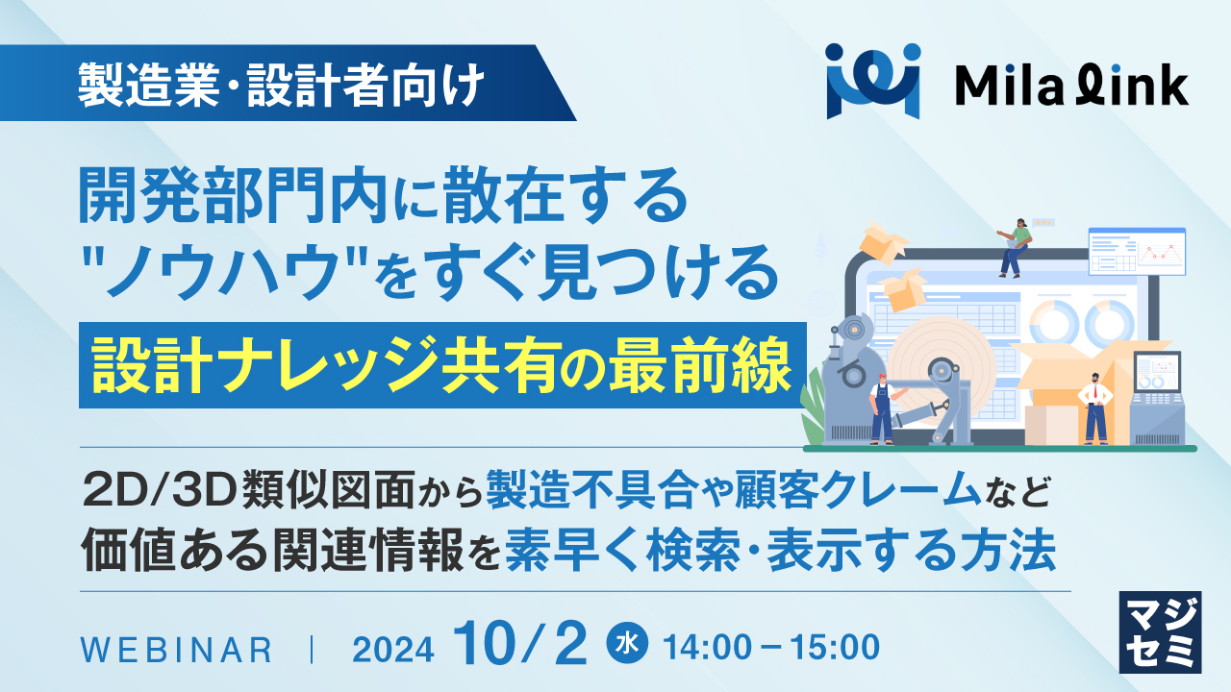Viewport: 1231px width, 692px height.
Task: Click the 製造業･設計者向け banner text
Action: click(x=280, y=88)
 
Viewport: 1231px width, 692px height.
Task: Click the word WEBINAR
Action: click(x=176, y=650)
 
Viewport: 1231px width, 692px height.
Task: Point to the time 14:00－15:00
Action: click(x=770, y=647)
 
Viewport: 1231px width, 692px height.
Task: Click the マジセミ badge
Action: click(x=1161, y=631)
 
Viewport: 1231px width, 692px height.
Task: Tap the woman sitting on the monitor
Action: click(x=1014, y=244)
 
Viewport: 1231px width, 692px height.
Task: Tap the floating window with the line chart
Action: click(x=1137, y=251)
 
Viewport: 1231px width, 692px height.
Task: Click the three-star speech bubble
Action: click(x=1043, y=222)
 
